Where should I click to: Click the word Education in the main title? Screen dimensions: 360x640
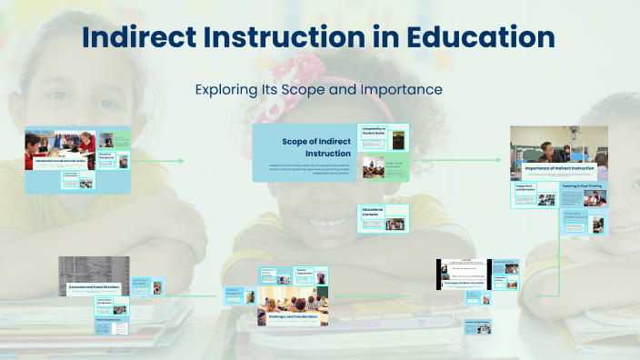tap(481, 37)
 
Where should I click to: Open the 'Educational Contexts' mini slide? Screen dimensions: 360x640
tap(384, 216)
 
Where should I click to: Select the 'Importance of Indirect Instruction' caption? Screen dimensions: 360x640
tap(558, 169)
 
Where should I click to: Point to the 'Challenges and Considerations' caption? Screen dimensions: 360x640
tap(293, 317)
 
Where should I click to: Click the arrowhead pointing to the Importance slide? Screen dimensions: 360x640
tap(498, 160)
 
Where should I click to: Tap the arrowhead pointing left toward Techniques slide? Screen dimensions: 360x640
tap(538, 295)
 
